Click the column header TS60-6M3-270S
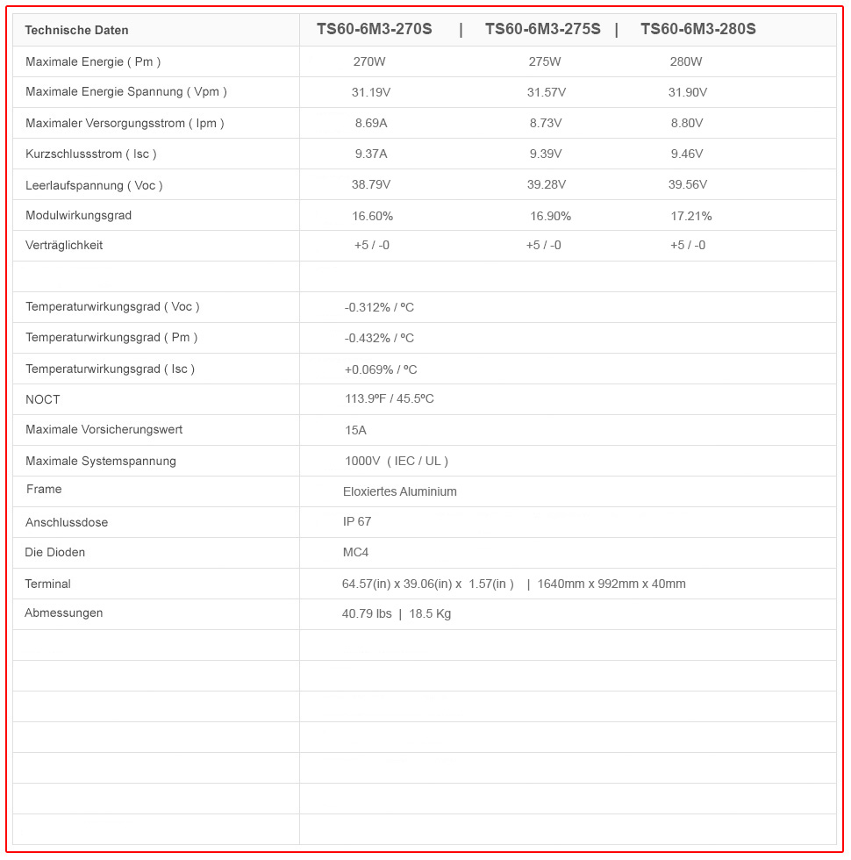tap(374, 29)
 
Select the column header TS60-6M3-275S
tap(542, 29)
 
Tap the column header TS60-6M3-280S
tap(697, 29)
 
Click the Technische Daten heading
tap(76, 30)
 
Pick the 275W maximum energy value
tap(544, 61)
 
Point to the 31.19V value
tap(370, 92)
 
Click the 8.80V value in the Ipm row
tap(686, 123)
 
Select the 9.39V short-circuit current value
tap(545, 154)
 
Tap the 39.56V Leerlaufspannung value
tap(687, 184)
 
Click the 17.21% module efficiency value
tap(690, 216)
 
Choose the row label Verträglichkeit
tap(64, 245)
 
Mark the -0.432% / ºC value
tap(379, 338)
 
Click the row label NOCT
tap(43, 399)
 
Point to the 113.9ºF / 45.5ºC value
tap(389, 399)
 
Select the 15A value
tap(355, 430)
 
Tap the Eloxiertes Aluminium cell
tap(399, 491)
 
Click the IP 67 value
tap(356, 521)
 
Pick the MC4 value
tap(355, 552)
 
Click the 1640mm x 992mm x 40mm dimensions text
tap(611, 584)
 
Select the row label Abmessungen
tap(63, 613)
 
